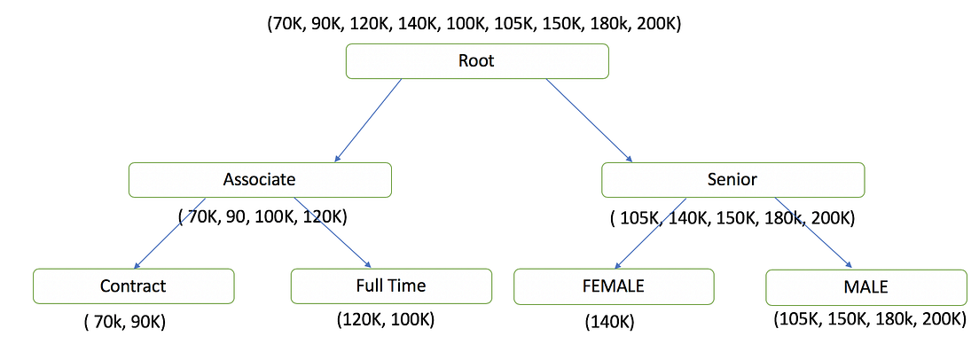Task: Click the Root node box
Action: point(476,61)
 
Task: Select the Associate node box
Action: point(259,179)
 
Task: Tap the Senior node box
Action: point(732,179)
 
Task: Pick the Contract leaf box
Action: point(133,286)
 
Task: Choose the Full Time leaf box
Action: point(391,286)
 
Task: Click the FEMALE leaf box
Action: point(614,286)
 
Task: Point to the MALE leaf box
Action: point(865,287)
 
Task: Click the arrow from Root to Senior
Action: point(587,119)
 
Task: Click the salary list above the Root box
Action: point(474,25)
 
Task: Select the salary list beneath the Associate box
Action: point(262,215)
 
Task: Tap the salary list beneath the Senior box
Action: point(733,216)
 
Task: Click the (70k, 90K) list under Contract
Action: point(125,323)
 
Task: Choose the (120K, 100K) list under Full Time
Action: point(385,318)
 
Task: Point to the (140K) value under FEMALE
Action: point(609,323)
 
